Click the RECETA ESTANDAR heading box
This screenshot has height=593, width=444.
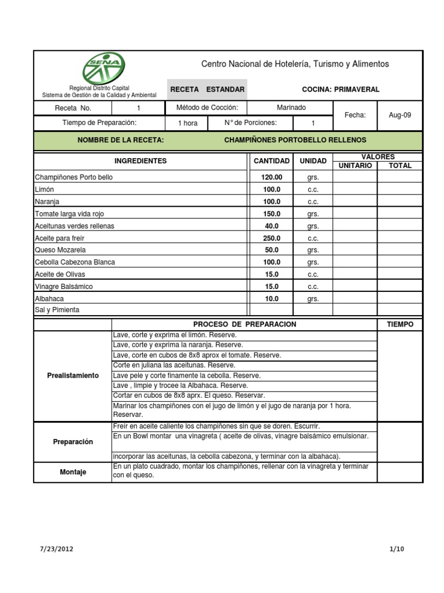pos(207,90)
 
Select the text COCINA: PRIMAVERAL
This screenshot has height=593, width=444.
pos(341,90)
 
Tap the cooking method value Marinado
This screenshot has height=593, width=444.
pos(291,108)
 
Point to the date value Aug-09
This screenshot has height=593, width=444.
pos(399,115)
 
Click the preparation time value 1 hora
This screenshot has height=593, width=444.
pos(187,123)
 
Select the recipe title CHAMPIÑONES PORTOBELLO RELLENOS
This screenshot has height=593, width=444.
pos(295,140)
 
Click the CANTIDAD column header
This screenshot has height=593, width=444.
pos(272,161)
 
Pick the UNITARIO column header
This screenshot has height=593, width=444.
pos(356,166)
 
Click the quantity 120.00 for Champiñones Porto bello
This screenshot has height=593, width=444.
pos(272,178)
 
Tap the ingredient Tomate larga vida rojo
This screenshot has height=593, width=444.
pos(69,214)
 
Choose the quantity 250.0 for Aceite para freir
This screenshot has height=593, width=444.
pos(272,238)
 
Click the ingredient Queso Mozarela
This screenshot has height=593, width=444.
pos(60,250)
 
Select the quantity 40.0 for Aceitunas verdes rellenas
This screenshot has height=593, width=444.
pos(272,226)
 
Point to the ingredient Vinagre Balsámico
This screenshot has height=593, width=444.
pos(64,287)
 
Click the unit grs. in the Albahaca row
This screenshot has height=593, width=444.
pos(313,299)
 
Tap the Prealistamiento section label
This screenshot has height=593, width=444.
pos(73,376)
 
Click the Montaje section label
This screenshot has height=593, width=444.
pos(73,472)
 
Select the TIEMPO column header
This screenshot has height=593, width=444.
pos(400,325)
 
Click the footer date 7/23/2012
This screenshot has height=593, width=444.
pos(57,548)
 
